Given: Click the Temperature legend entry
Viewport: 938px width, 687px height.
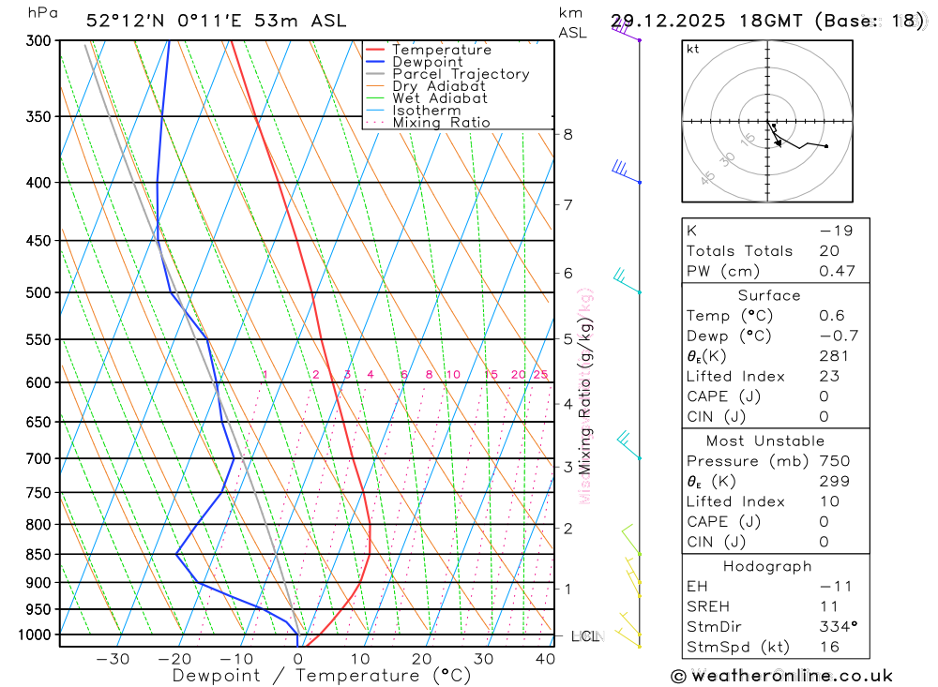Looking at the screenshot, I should [x=441, y=50].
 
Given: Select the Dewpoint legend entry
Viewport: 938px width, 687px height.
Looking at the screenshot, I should [x=427, y=62].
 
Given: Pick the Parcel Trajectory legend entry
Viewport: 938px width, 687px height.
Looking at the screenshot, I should [x=460, y=74].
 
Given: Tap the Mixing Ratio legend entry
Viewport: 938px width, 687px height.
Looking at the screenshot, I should [x=441, y=122].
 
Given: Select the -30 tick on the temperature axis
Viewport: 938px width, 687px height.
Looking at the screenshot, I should [x=113, y=659].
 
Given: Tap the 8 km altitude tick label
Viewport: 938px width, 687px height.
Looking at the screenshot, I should [x=568, y=134].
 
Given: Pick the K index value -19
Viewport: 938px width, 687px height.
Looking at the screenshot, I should [x=833, y=231].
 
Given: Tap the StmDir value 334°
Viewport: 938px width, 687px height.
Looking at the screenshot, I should [x=835, y=626].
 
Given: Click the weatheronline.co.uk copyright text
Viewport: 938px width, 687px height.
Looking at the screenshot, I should [x=781, y=676].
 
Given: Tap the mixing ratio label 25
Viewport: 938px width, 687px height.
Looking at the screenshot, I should [x=540, y=375].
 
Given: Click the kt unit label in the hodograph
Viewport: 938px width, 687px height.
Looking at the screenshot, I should [x=693, y=49].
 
